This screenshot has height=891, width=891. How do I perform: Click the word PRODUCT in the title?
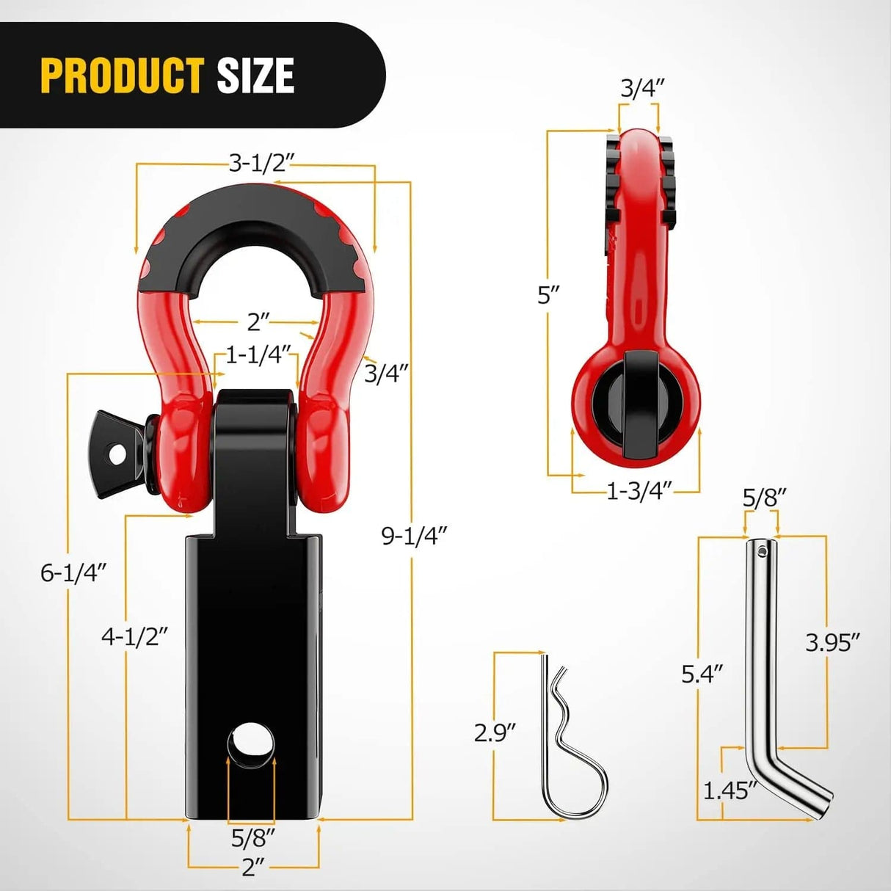point(122,76)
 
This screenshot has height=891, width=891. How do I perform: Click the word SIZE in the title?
point(255,76)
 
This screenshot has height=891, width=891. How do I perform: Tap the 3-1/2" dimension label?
point(256,162)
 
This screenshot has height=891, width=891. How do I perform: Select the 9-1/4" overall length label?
point(413,536)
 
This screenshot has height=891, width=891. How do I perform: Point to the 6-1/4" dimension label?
point(73,572)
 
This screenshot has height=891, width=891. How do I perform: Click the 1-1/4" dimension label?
point(258,355)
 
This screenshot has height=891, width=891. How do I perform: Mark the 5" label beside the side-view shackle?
point(548,296)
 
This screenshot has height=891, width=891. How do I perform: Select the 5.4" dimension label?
point(702,673)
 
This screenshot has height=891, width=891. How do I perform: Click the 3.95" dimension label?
point(832,643)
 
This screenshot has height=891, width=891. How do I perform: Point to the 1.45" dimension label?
point(730,790)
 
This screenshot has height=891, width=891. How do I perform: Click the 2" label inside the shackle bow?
point(258,321)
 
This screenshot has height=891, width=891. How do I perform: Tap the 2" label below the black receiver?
point(252,868)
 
